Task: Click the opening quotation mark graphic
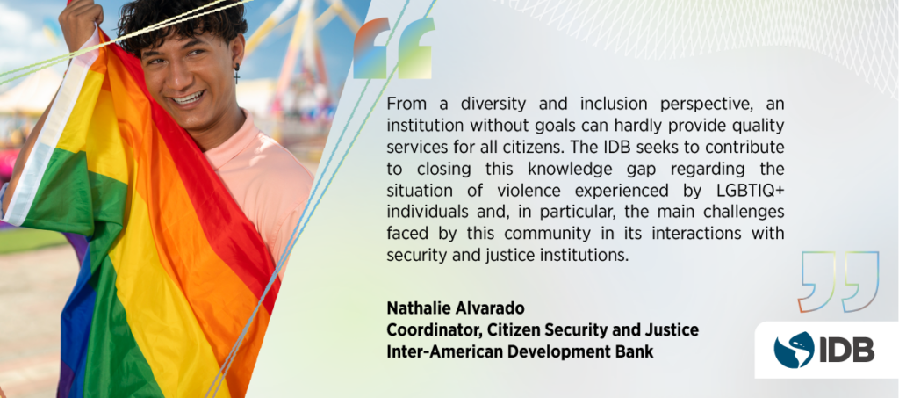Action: (392, 48)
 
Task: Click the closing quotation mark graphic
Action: (838, 281)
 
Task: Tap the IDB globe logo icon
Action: (794, 350)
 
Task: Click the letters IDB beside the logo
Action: (847, 350)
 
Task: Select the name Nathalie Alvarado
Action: (456, 308)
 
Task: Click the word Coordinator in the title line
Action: (428, 330)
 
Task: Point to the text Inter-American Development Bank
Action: (520, 351)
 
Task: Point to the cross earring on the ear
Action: (236, 76)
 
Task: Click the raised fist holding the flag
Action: (79, 19)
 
